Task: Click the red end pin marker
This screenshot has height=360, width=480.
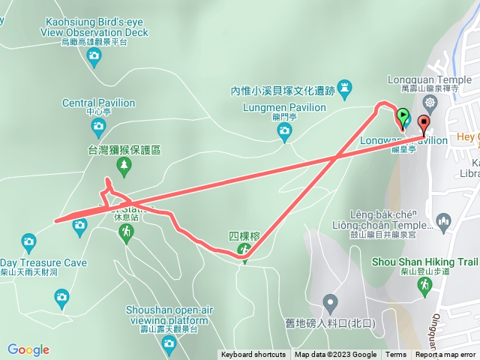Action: pyautogui.click(x=424, y=124)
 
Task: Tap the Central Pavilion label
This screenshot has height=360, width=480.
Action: pyautogui.click(x=98, y=103)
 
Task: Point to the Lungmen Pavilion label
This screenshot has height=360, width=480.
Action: pyautogui.click(x=284, y=107)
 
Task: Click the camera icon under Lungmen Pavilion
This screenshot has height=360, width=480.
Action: pyautogui.click(x=284, y=133)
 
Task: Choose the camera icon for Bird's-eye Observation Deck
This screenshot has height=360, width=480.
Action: pyautogui.click(x=94, y=58)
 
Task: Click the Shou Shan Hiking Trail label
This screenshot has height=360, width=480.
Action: pyautogui.click(x=424, y=262)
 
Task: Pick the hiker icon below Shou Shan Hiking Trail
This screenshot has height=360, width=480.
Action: pyautogui.click(x=425, y=285)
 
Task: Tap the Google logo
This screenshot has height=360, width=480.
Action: pyautogui.click(x=28, y=349)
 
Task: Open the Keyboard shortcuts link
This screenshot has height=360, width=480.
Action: pyautogui.click(x=253, y=355)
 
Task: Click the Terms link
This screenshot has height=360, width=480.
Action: pyautogui.click(x=396, y=355)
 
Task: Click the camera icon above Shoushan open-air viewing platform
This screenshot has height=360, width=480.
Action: pyautogui.click(x=169, y=343)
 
